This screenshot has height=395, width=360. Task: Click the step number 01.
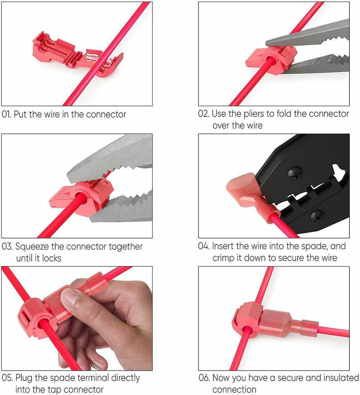click(6, 115)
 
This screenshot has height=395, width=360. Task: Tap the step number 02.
click(203, 114)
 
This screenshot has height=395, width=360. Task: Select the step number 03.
click(7, 246)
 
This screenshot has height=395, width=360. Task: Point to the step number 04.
click(204, 246)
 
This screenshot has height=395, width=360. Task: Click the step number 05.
click(7, 378)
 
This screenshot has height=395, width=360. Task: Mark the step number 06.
click(204, 378)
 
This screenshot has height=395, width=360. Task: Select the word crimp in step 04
click(223, 258)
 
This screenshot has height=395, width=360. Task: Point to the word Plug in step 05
click(24, 378)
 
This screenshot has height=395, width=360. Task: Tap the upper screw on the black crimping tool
click(294, 173)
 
